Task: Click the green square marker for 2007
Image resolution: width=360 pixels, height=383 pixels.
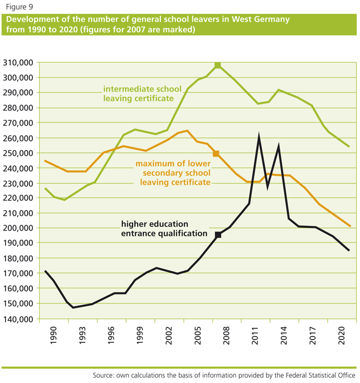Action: pyautogui.click(x=218, y=65)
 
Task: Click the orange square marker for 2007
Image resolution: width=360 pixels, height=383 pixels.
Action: pyautogui.click(x=216, y=153)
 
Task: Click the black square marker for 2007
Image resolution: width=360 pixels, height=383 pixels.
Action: pyautogui.click(x=218, y=235)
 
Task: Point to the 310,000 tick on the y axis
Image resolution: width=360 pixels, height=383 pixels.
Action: pyautogui.click(x=19, y=63)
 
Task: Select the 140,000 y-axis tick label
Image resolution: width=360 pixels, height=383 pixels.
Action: pyautogui.click(x=19, y=319)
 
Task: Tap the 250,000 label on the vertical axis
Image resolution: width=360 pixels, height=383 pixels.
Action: pyautogui.click(x=19, y=153)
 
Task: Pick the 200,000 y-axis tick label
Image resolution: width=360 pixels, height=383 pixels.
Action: pyautogui.click(x=19, y=228)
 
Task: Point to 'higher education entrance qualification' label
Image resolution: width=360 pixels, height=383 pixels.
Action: pyautogui.click(x=155, y=229)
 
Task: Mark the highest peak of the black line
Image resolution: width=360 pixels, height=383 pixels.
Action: pyautogui.click(x=259, y=135)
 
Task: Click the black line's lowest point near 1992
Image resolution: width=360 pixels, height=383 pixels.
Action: pyautogui.click(x=74, y=307)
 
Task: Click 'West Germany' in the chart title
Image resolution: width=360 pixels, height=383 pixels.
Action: pyautogui.click(x=262, y=20)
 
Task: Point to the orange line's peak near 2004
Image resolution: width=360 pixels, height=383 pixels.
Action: pyautogui.click(x=187, y=131)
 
